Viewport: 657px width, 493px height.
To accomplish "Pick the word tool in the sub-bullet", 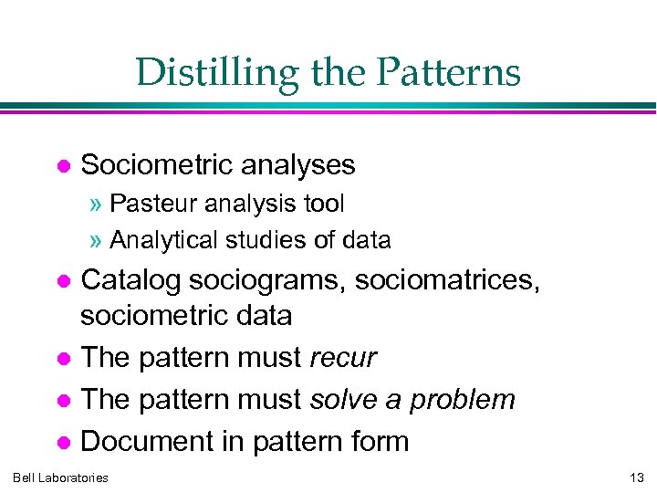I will coord(323,203).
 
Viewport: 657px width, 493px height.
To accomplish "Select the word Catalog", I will coord(126,281).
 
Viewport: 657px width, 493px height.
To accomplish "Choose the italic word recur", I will coord(343,358).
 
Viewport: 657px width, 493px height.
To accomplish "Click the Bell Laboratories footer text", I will coord(60,477).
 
